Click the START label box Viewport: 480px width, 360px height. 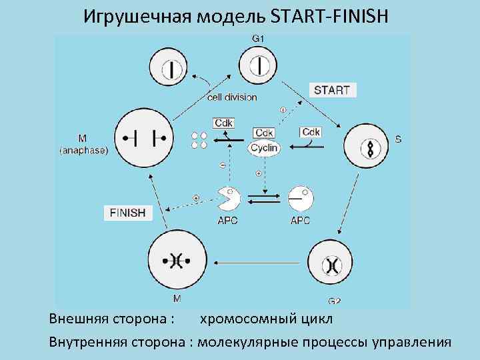click(332, 90)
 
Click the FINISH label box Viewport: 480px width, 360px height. click(128, 213)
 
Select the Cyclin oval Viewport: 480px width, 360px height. click(265, 147)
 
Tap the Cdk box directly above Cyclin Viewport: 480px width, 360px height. click(265, 133)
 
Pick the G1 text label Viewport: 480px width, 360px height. click(258, 39)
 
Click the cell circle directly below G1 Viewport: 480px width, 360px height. click(259, 66)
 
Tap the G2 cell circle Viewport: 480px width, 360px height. click(333, 265)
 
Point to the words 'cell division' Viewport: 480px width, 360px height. click(231, 97)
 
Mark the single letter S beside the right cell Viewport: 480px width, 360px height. click(398, 140)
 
